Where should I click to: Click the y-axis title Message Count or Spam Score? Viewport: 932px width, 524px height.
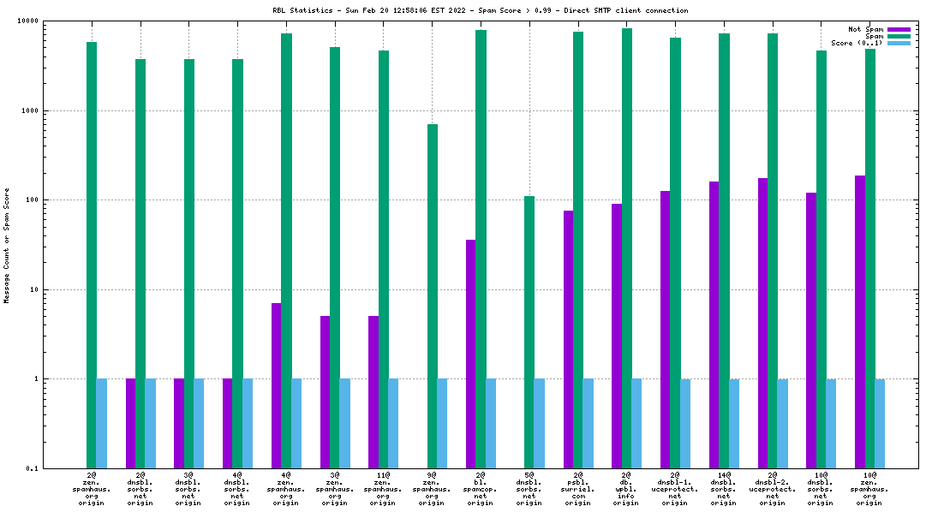7,245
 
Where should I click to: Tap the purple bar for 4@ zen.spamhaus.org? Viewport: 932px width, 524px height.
276,385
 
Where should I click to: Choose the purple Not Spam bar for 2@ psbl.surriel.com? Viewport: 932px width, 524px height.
568,339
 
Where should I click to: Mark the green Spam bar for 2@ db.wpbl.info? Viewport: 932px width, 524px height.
627,248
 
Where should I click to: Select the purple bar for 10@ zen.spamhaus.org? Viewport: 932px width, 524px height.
859,322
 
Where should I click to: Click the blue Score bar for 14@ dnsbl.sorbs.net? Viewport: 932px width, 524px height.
734,424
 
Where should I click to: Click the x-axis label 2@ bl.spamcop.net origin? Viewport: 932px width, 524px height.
481,488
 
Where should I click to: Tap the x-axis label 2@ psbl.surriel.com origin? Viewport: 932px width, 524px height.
578,488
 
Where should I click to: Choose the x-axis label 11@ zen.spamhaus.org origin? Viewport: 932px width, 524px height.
383,488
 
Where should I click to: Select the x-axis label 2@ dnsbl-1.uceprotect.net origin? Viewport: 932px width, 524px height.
675,488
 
